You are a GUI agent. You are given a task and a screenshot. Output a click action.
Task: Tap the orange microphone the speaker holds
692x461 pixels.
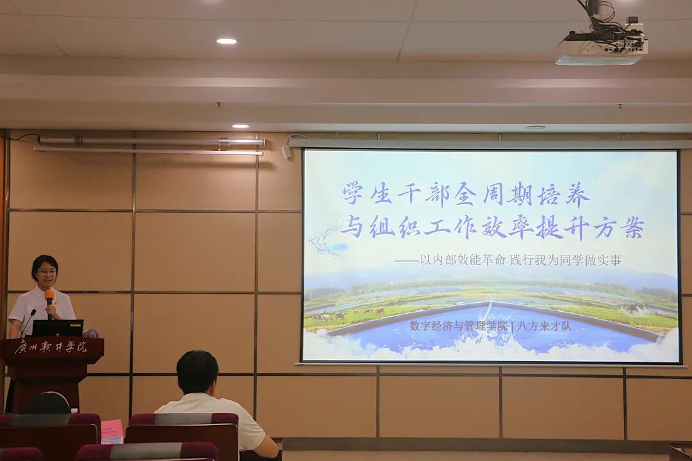coord(49,302)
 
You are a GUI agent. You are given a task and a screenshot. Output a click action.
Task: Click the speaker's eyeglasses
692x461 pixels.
coord(46,271)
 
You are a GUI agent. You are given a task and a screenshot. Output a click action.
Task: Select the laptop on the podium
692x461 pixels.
coord(58,328)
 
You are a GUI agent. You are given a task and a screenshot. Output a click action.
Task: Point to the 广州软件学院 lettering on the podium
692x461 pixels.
coord(51,347)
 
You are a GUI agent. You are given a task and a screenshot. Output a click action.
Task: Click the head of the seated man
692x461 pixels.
coord(197,372)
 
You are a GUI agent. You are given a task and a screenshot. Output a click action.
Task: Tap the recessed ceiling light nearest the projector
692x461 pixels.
coord(535,127)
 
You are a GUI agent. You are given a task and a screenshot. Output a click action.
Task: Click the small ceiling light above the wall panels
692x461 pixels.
coord(240,126)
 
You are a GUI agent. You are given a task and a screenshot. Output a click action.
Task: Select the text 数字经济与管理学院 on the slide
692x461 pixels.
coord(459,326)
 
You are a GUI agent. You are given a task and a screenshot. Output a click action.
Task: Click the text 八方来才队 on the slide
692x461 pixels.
coord(545,327)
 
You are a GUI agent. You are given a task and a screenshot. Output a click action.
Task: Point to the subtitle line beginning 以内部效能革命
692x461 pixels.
coord(508,261)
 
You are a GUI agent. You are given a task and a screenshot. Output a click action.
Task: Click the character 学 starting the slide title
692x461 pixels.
coord(353,193)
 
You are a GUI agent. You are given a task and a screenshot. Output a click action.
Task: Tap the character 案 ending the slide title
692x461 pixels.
coord(632,228)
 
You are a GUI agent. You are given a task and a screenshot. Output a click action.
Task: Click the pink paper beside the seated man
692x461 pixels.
coord(112,432)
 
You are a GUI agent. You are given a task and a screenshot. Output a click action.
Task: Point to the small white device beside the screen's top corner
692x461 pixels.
coord(287,151)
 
